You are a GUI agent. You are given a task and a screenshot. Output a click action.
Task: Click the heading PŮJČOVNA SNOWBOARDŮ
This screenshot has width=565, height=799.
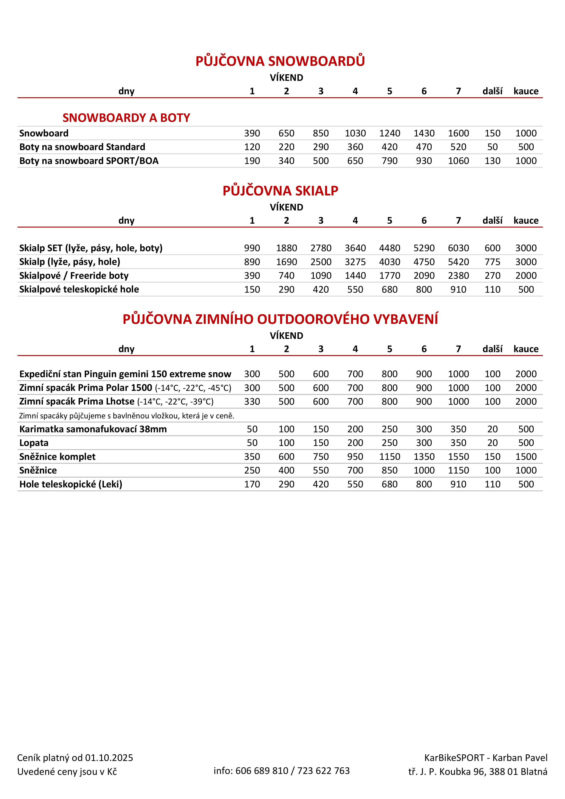pos(280,61)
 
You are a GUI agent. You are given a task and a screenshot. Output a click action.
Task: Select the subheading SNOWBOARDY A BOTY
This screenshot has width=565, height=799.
pos(126,118)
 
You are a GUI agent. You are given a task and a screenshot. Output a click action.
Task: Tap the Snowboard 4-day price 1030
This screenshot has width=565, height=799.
pos(355,133)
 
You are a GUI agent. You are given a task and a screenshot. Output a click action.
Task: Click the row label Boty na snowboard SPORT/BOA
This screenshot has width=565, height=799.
pos(89,161)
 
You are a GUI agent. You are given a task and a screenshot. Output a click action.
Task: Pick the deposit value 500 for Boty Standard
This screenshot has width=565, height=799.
pos(526,147)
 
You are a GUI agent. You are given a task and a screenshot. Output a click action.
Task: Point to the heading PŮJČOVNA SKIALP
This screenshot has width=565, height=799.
pos(280,191)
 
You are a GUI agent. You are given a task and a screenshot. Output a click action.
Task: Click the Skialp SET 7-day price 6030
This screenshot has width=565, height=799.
pos(458,248)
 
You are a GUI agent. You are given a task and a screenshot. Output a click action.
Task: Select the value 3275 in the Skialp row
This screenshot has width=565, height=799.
pos(355,262)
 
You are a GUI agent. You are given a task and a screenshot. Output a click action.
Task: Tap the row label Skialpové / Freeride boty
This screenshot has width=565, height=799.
pos(74,276)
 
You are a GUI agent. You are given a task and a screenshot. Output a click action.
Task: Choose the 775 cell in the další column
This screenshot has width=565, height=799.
pos(492,262)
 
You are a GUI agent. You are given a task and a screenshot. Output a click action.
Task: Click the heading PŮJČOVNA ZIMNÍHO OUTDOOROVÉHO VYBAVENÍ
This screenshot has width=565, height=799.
pos(280,319)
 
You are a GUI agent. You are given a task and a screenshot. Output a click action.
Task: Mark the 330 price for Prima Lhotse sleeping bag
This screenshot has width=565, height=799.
pos(252,402)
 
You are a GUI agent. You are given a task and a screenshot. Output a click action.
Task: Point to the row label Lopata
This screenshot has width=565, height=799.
pos(34,443)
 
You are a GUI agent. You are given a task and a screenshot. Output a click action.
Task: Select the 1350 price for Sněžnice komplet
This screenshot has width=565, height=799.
pos(424,457)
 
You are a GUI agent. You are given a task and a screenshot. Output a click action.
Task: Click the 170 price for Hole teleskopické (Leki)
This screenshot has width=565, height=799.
pos(252,484)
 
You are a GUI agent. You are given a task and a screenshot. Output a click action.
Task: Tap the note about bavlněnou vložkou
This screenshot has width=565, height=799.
pos(127,416)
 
